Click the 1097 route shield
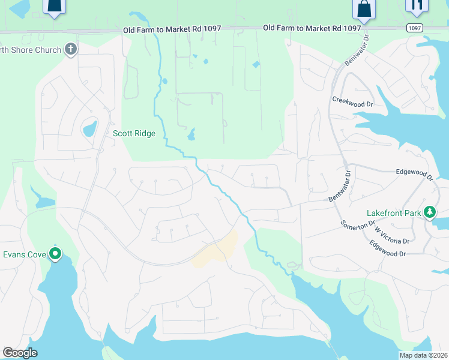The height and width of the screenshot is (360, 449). (414, 28)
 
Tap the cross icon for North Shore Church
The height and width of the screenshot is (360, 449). (71, 49)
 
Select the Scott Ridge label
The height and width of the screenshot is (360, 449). (134, 134)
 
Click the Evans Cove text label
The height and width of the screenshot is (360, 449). (25, 254)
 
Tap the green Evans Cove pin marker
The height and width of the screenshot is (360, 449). (55, 254)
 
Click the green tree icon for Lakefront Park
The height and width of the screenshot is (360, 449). (430, 212)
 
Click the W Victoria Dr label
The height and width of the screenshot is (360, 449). (391, 234)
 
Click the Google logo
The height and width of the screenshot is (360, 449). (20, 353)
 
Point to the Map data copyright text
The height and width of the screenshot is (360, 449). (424, 355)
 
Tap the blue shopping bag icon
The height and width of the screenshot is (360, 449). (364, 9)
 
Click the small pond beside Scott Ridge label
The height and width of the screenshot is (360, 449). (89, 128)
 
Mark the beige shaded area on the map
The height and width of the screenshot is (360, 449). (216, 251)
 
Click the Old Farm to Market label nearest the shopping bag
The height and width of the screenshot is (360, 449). (312, 28)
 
